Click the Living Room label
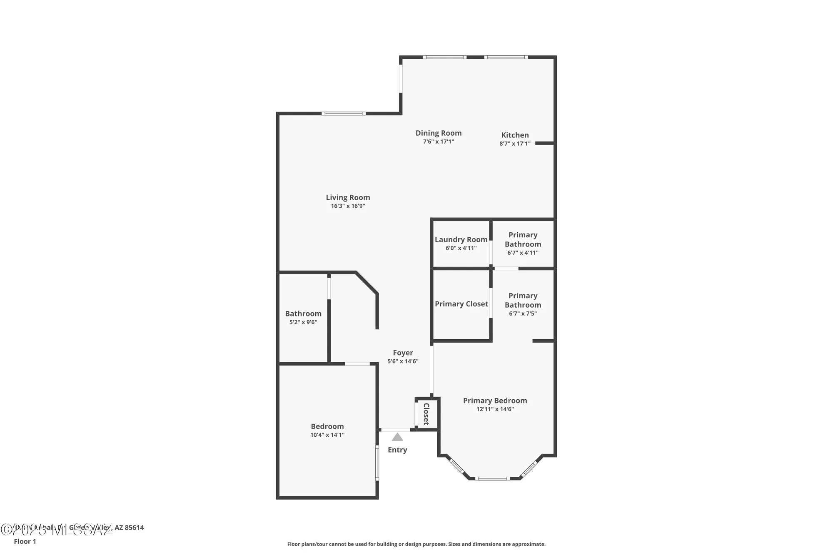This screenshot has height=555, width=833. [x=348, y=197]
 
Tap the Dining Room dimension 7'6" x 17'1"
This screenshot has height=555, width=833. [x=438, y=142]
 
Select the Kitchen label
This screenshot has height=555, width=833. [x=515, y=135]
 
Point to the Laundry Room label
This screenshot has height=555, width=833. [x=461, y=239]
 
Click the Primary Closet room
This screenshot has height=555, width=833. [x=461, y=304]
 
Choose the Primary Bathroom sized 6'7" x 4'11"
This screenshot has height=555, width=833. [x=523, y=243]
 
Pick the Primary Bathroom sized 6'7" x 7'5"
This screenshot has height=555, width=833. [x=523, y=304]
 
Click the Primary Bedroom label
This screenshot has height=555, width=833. [x=495, y=401]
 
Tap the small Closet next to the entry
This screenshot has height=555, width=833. [x=426, y=413]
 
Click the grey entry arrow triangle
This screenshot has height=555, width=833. [x=397, y=437]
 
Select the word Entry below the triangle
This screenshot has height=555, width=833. [x=397, y=450]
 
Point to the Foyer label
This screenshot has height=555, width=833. [x=403, y=353]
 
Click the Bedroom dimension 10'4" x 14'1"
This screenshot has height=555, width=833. [x=327, y=435]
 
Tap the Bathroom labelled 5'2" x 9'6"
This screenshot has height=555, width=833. [x=303, y=317]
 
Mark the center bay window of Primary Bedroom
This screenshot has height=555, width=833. [x=492, y=478]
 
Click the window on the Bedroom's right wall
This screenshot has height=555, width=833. [x=377, y=463]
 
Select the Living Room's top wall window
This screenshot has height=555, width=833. [x=343, y=113]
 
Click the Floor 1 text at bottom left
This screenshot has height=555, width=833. [x=25, y=541]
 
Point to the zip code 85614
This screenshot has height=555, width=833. [x=134, y=528]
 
